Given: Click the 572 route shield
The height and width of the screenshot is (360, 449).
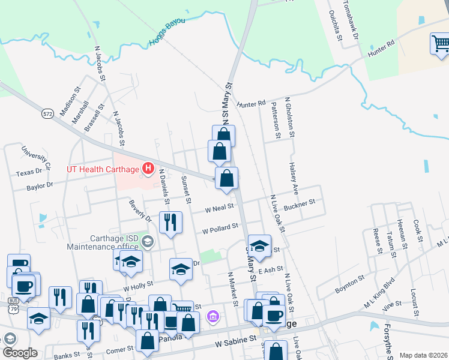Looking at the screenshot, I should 48,113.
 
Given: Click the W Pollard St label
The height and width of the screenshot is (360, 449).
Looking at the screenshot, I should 220,229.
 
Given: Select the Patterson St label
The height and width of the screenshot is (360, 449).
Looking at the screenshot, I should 276,119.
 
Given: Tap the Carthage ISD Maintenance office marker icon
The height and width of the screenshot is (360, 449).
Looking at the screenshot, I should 148,242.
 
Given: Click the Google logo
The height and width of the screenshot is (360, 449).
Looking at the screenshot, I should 19,353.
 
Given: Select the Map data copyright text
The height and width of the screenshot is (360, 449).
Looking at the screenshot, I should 424,355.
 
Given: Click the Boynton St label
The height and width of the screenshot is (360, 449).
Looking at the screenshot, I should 349,281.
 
